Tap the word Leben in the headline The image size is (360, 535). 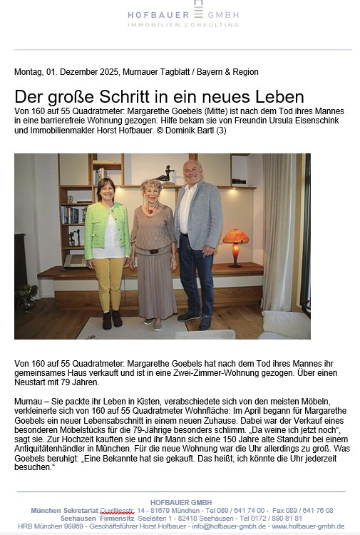[279, 97]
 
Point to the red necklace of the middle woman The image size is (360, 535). [150, 210]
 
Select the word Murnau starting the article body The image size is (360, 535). [29, 402]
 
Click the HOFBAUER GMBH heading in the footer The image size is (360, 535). [181, 502]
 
